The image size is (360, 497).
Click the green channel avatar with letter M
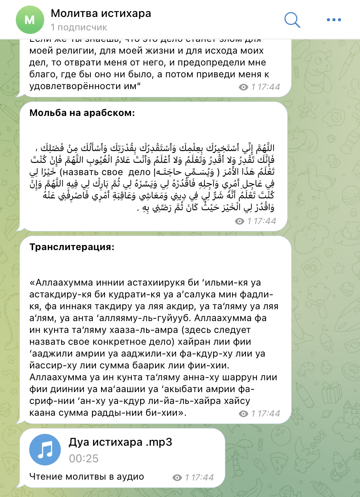coord(29,20)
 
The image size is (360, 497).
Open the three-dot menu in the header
coord(334,19)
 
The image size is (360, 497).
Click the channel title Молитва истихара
coord(101,14)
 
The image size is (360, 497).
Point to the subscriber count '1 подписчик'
coord(79,27)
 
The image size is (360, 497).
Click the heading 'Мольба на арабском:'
coord(82,113)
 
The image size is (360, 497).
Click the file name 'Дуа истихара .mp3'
coord(120,442)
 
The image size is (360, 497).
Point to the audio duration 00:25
coord(83,458)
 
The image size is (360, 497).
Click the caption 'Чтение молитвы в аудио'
coord(86,476)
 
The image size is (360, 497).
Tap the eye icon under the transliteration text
coord(244,414)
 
